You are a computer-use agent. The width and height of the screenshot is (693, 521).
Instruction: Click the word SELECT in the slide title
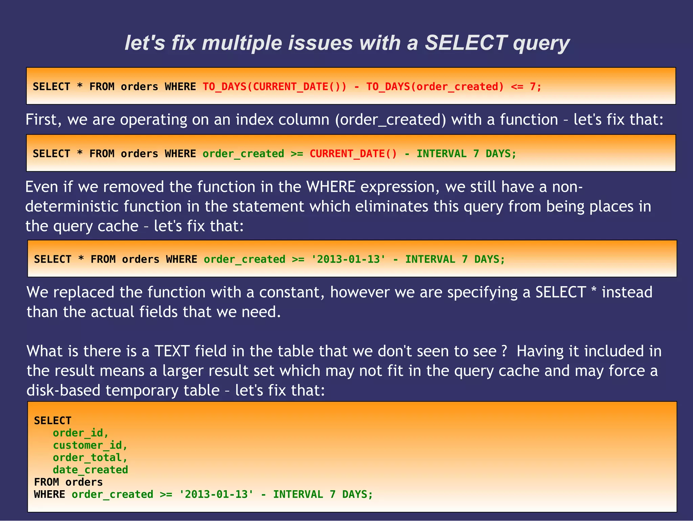click(466, 43)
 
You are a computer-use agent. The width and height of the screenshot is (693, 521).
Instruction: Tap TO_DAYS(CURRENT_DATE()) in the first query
click(275, 87)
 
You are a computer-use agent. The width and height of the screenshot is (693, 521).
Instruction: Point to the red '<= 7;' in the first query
click(526, 87)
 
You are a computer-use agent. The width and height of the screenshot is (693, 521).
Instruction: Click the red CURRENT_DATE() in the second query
click(353, 154)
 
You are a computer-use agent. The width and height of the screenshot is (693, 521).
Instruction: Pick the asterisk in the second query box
click(80, 154)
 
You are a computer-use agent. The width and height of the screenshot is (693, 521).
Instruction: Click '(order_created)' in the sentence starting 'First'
click(391, 120)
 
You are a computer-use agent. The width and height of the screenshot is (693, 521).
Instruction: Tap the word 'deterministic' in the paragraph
click(72, 207)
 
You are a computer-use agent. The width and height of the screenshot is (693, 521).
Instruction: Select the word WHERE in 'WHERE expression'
click(331, 187)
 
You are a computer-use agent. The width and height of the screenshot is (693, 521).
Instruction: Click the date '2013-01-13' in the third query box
click(348, 259)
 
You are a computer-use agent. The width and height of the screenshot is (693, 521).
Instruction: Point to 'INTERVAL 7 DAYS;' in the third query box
click(455, 259)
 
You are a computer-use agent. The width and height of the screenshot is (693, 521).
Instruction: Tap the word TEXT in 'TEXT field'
click(172, 351)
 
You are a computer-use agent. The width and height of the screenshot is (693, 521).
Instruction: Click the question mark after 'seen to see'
click(504, 351)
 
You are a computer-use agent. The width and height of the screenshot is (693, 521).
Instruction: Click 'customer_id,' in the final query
click(90, 445)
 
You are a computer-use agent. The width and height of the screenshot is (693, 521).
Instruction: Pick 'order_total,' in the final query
click(90, 458)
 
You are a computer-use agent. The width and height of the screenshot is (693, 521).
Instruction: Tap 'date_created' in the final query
click(90, 470)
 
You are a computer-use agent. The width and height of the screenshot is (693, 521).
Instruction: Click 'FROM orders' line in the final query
click(68, 482)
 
